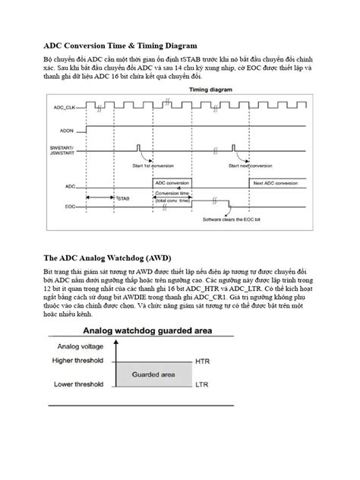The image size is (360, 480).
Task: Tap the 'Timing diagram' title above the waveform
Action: click(210, 89)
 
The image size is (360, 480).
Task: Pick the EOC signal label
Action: click(70, 206)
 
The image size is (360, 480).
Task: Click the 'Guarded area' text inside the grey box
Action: click(154, 374)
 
